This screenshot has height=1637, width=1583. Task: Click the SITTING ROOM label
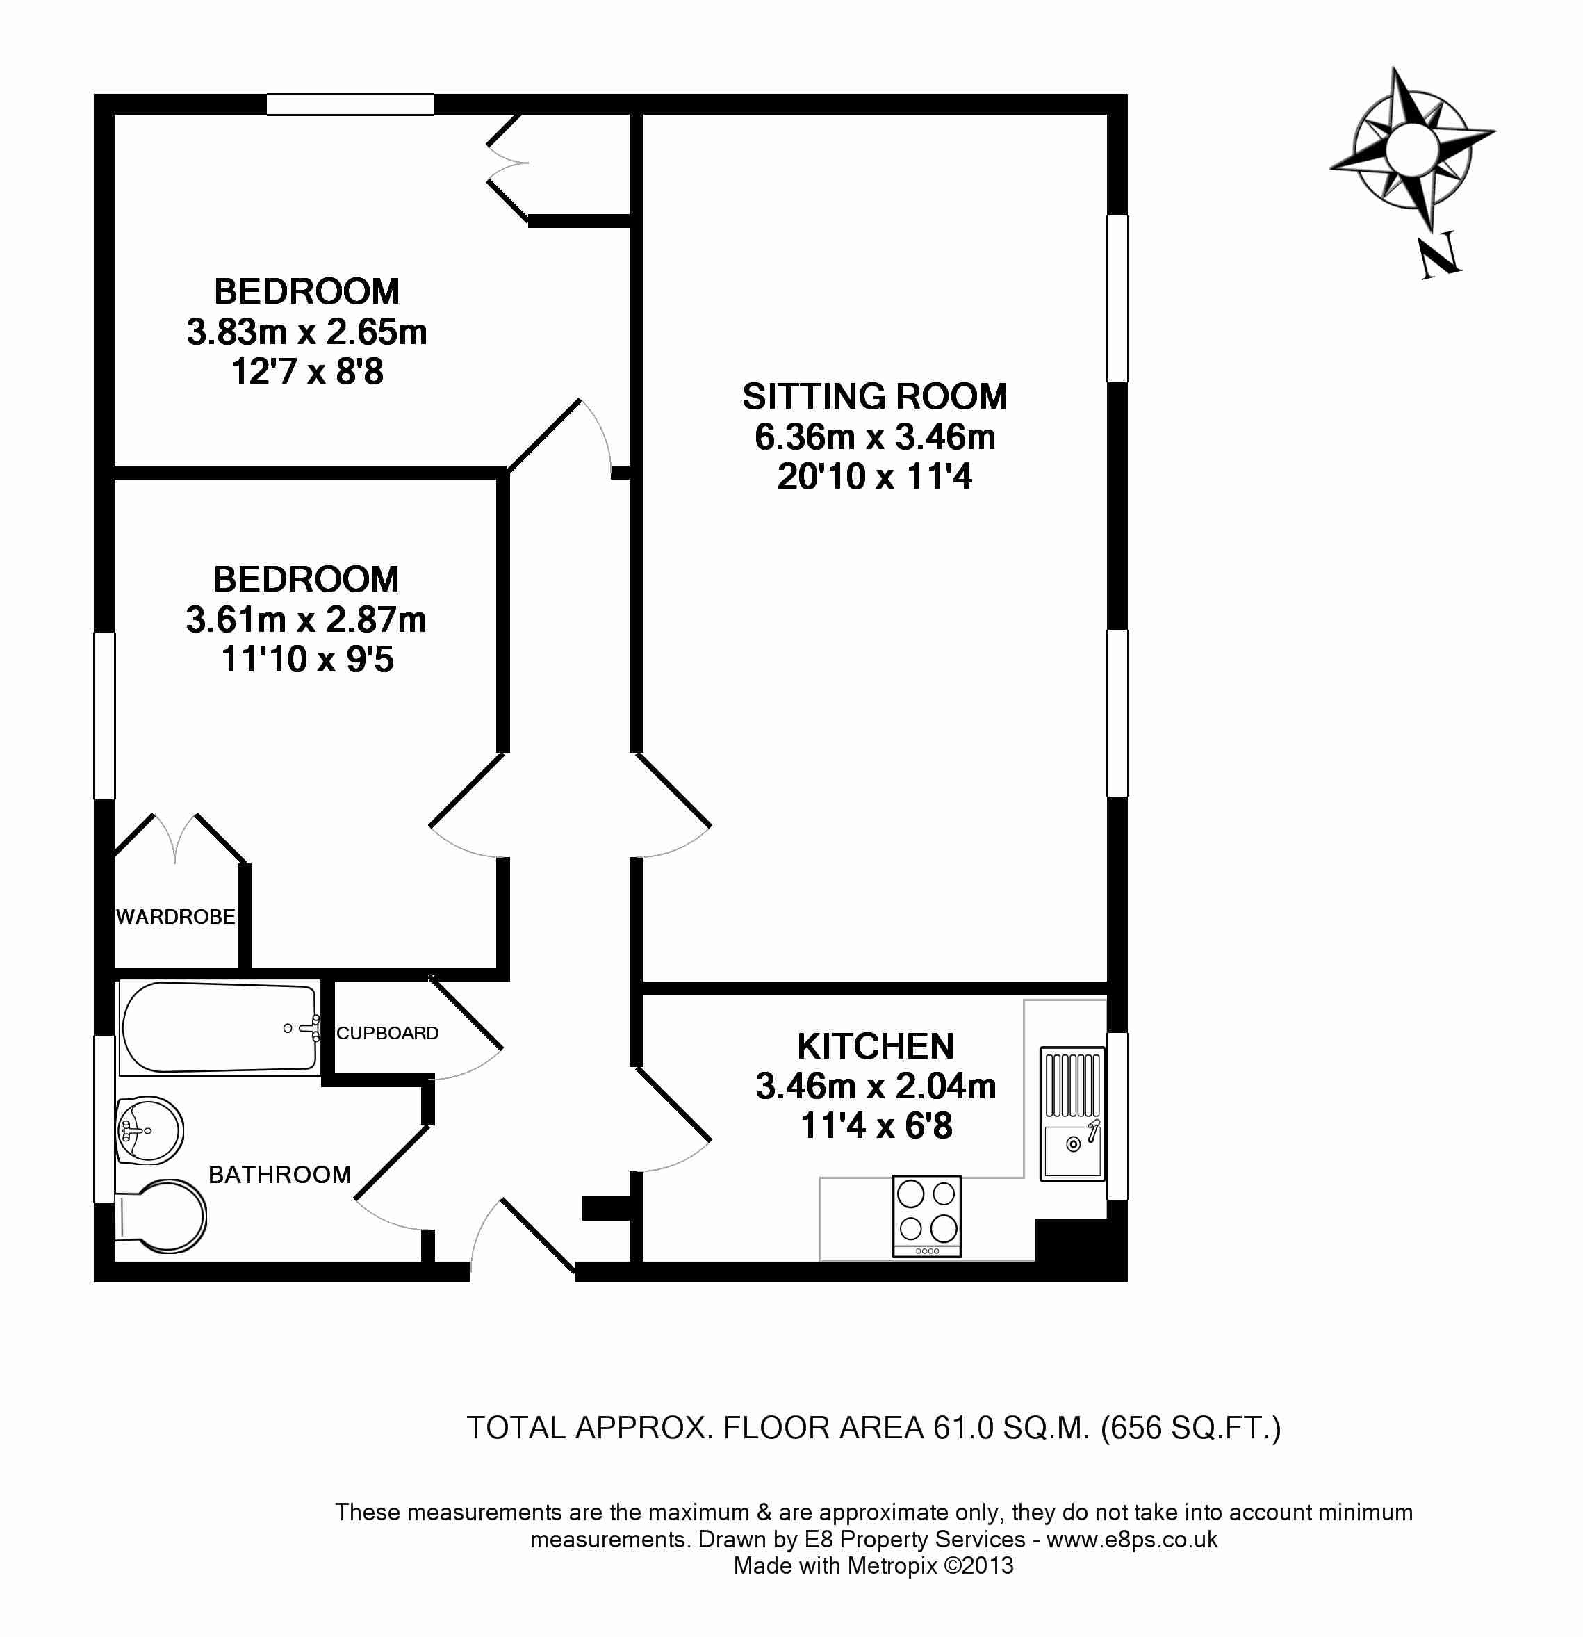[x=874, y=397]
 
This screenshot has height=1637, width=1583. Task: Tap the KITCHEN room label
[x=875, y=1047]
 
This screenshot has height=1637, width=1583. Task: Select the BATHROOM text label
[x=279, y=1175]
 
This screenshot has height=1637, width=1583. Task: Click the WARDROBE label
[x=175, y=917]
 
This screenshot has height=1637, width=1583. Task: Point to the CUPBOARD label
[x=387, y=1033]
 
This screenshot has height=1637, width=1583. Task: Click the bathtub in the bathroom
[x=219, y=1028]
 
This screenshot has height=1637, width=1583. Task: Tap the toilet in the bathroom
[x=161, y=1216]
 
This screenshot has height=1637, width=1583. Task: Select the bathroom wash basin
[x=149, y=1131]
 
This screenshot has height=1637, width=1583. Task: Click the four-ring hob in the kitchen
[x=927, y=1216]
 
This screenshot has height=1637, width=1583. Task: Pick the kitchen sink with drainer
[x=1073, y=1114]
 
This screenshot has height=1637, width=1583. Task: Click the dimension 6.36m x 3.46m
[x=875, y=437]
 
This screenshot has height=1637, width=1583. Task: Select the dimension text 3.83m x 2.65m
[x=306, y=332]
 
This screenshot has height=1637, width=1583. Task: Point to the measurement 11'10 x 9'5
[x=307, y=660]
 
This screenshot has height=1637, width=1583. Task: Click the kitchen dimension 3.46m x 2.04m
[x=876, y=1086]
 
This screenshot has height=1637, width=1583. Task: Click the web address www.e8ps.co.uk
[x=1132, y=1539]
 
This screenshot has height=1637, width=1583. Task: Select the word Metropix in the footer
[x=892, y=1566]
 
